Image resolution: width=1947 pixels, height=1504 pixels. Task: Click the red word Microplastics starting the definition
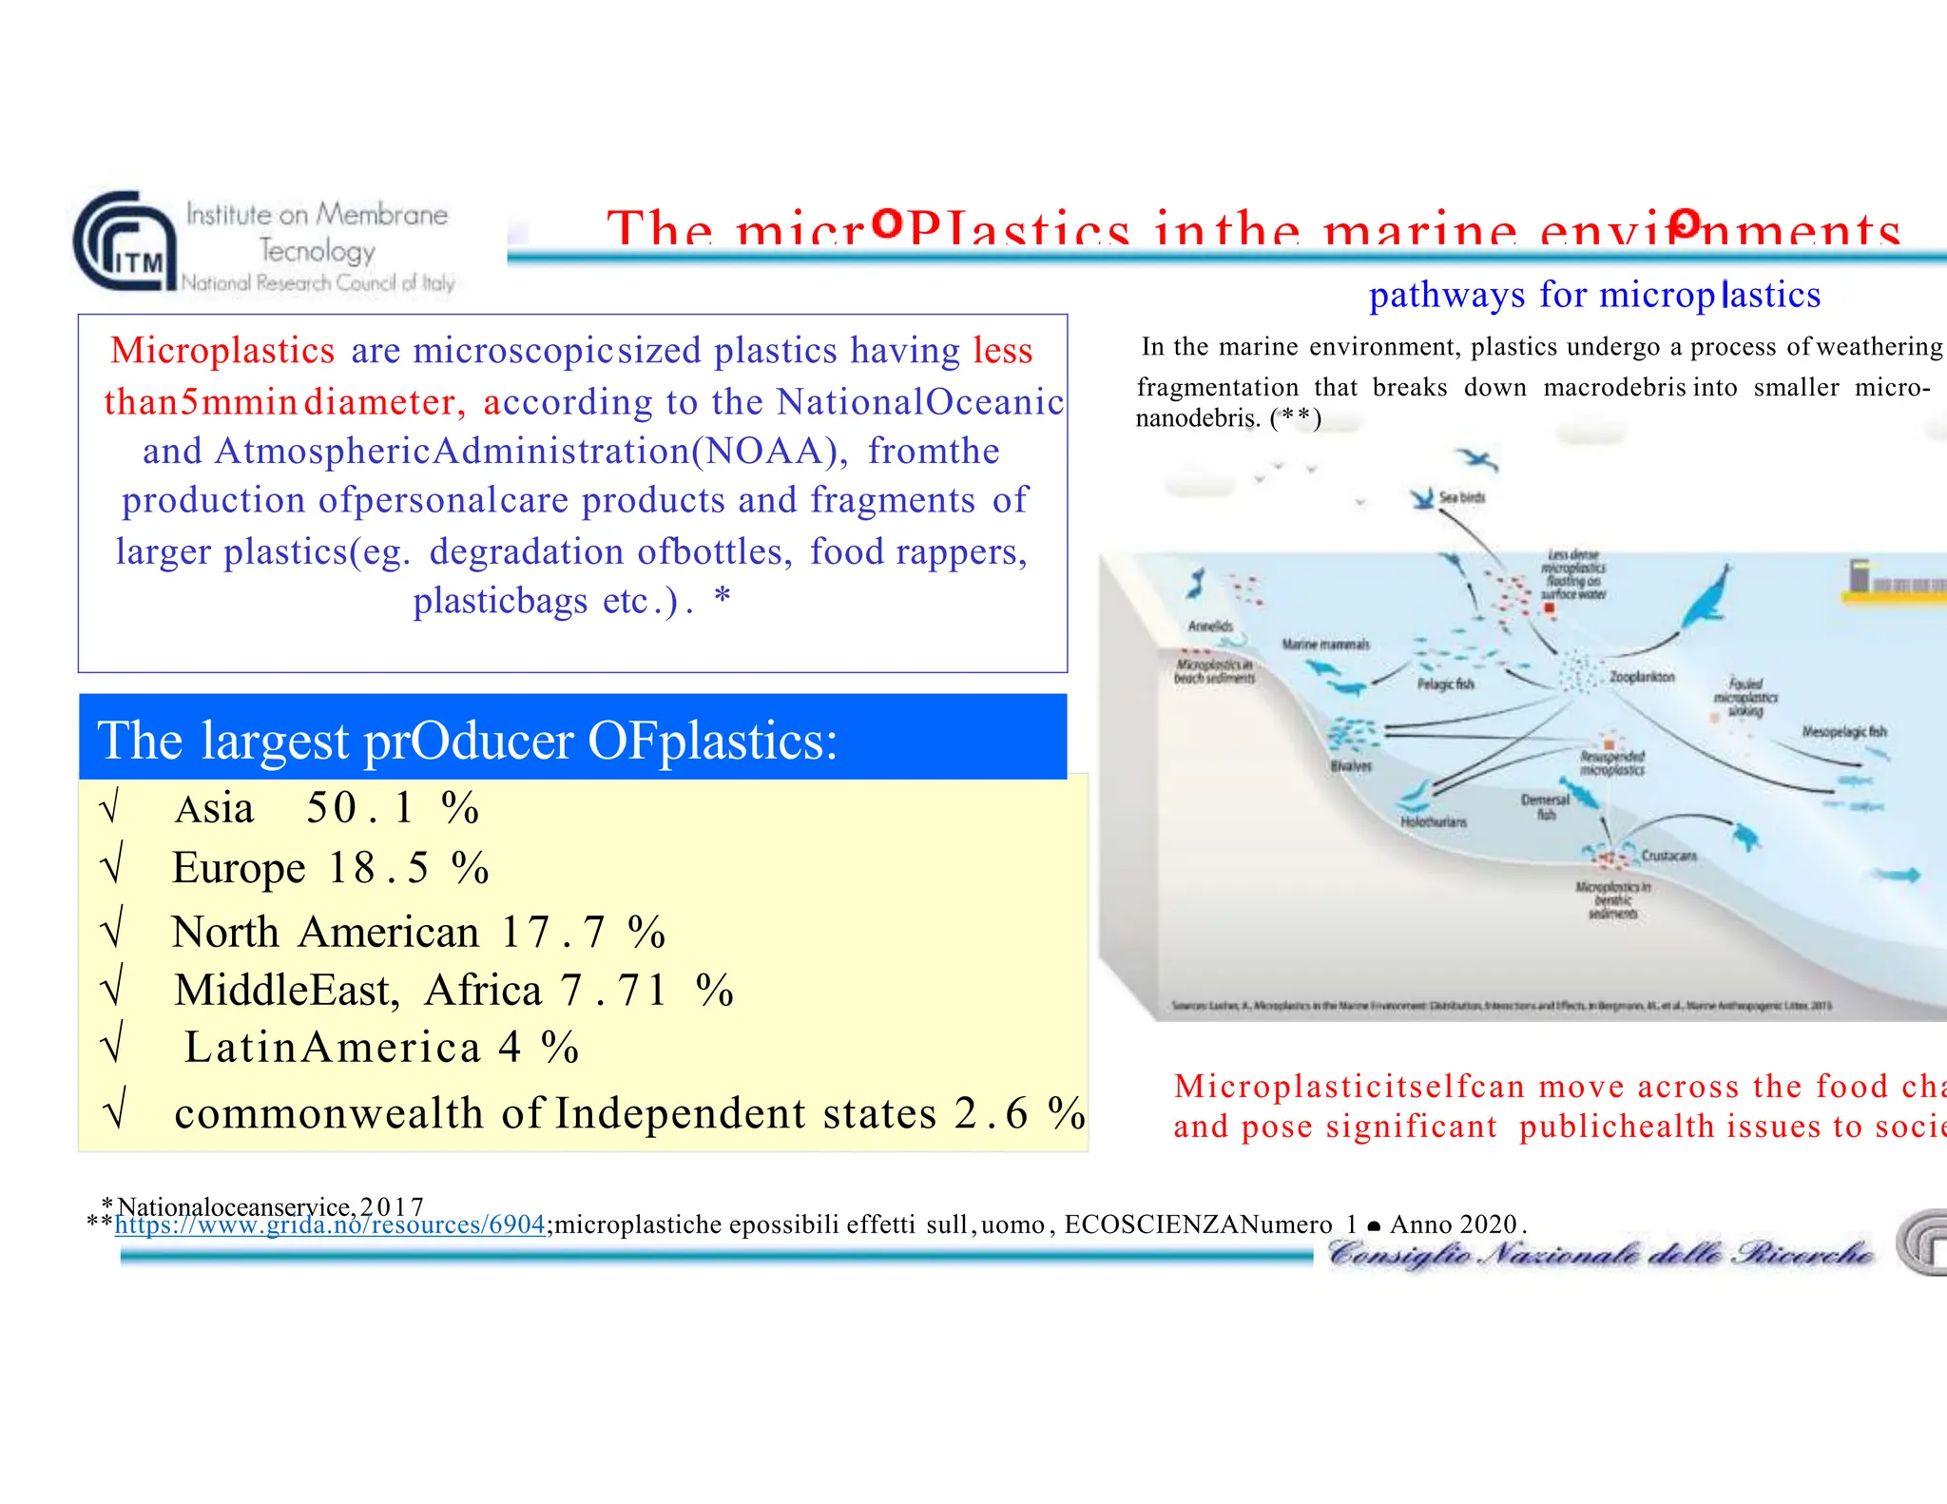pyautogui.click(x=222, y=351)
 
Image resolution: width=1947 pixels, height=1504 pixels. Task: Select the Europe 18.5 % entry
pyautogui.click(x=330, y=868)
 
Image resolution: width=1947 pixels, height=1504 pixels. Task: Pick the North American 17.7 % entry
pyautogui.click(x=417, y=933)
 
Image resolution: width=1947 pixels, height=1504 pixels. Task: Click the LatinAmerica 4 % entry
pyautogui.click(x=381, y=1048)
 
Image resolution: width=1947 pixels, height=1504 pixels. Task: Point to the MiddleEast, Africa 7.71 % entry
pyautogui.click(x=453, y=991)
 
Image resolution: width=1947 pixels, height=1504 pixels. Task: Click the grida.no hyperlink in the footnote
pyautogui.click(x=329, y=1224)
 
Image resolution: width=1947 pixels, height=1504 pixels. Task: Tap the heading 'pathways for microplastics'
pyautogui.click(x=1594, y=295)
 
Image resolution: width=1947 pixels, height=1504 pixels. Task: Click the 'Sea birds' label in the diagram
pyautogui.click(x=1461, y=497)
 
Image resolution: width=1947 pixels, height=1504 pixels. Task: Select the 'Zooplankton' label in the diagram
pyautogui.click(x=1642, y=677)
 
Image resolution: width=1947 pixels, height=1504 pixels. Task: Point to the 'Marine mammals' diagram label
pyautogui.click(x=1325, y=645)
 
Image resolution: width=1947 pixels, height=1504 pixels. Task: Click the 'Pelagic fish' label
pyautogui.click(x=1445, y=684)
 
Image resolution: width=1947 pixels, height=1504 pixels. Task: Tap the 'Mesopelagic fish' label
pyautogui.click(x=1843, y=731)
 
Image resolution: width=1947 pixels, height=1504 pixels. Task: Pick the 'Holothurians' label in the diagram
pyautogui.click(x=1433, y=821)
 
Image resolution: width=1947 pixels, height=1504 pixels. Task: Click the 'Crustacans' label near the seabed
pyautogui.click(x=1668, y=856)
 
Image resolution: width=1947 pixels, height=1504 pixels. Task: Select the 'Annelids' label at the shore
pyautogui.click(x=1210, y=626)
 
